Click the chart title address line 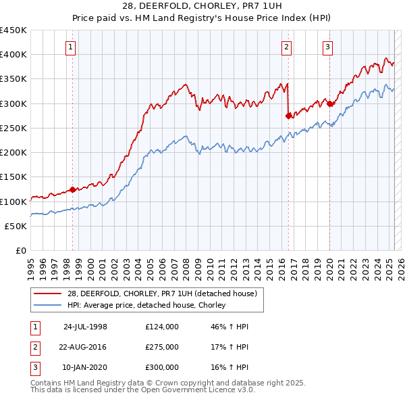tap(202, 6)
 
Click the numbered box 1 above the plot tap(71, 47)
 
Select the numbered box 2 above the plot tap(287, 47)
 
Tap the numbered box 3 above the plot tap(327, 47)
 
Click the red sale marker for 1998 tap(73, 190)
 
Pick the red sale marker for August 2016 tap(288, 116)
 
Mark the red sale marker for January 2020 tap(329, 103)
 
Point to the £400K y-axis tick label tap(14, 55)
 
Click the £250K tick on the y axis tap(14, 128)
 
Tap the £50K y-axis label tap(17, 226)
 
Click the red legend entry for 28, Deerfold tap(161, 294)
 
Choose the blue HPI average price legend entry tap(145, 306)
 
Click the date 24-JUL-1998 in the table tap(85, 327)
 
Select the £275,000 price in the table tap(162, 347)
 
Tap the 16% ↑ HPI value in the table tap(230, 367)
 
